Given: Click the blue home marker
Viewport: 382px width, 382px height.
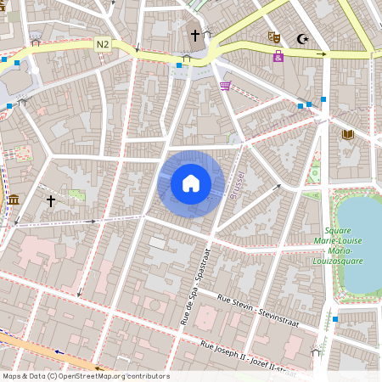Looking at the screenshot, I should tap(191, 183).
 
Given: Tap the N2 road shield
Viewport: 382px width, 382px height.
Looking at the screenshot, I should tap(103, 44).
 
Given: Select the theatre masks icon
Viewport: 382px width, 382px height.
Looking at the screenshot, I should tap(273, 37).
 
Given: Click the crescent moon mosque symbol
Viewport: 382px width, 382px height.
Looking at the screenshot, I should tap(302, 38).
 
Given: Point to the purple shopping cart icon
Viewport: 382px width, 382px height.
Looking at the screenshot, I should tap(225, 85).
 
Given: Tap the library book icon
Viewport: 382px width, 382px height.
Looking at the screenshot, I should tap(346, 134).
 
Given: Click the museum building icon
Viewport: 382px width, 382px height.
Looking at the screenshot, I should tap(14, 199).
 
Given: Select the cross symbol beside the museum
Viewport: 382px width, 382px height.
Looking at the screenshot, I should tap(51, 201).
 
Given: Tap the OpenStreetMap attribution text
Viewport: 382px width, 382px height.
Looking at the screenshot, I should tap(86, 376).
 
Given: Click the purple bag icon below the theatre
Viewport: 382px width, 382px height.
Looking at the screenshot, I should tap(278, 57).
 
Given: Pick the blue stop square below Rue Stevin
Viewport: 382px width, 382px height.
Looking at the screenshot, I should tap(335, 319).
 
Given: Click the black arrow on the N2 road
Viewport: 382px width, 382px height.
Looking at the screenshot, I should tap(321, 54).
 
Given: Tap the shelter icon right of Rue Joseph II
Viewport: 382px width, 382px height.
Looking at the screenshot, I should tap(316, 352).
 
